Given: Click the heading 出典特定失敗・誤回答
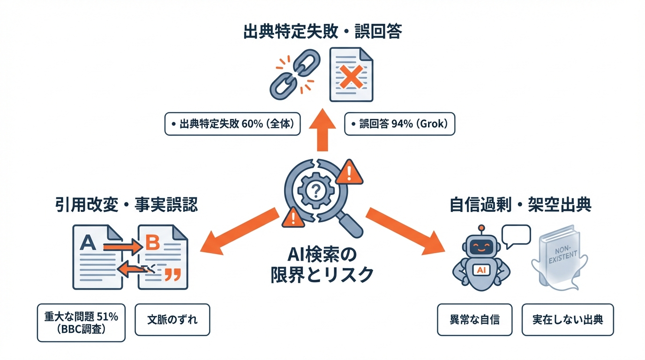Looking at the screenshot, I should click(x=322, y=32).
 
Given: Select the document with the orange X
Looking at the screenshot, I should click(x=351, y=75).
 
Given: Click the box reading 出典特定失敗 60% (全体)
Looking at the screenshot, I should click(x=232, y=124).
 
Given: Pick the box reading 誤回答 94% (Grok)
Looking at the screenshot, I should click(x=400, y=124).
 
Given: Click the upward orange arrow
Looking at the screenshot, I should click(x=322, y=131).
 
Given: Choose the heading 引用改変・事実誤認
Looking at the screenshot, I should click(x=126, y=205).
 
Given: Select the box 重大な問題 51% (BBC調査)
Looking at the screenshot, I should click(x=81, y=323).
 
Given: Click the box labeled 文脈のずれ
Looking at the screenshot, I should click(x=172, y=320).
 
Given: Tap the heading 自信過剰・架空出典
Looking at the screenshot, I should click(x=520, y=205).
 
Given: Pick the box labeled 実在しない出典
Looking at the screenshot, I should click(x=567, y=320).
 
